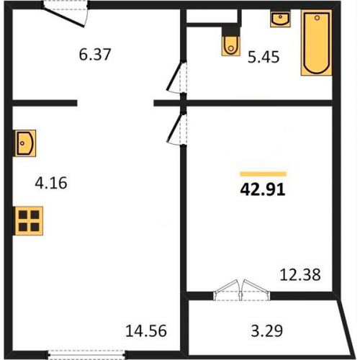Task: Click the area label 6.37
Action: coord(95,55)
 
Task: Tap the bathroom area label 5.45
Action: coord(264,58)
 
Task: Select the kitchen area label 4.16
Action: coord(51,183)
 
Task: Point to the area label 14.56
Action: coord(146,330)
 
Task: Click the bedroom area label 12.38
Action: coord(300,274)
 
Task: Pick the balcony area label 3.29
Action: coord(267,330)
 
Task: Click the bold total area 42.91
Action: coord(263,189)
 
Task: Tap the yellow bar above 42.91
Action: coord(264,174)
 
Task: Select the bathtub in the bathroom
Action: coord(317,42)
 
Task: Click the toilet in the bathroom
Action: coord(231,46)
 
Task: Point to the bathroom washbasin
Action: coord(280,18)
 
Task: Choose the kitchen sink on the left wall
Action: coord(25,143)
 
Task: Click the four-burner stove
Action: coord(29,221)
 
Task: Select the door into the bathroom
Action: coord(177,77)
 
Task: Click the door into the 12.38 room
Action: coord(176,130)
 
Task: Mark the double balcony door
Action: coord(242,289)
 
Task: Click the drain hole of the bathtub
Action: coord(317,17)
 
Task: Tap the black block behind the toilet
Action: coord(231,31)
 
